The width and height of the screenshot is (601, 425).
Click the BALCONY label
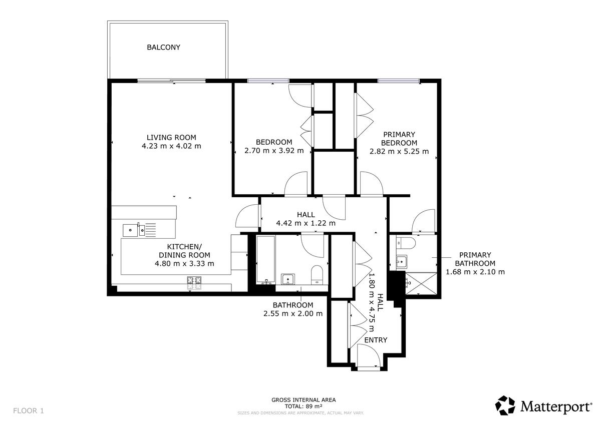pos(163,48)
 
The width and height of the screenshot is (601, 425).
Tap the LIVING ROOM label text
pos(171,138)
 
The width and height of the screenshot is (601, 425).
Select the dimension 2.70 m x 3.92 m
pos(274,151)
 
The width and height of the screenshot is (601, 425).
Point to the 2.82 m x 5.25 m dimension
pos(399,152)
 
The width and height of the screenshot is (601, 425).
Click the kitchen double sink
pos(134,230)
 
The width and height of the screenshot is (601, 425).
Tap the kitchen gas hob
pos(194,283)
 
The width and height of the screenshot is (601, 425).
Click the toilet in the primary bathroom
pos(405,243)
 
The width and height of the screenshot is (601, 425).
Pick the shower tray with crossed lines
pos(421,283)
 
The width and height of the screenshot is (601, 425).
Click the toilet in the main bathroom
pos(317,275)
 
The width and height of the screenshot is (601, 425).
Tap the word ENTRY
pos(376,340)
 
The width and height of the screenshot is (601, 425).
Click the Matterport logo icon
pos(505,405)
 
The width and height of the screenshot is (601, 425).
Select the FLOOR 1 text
pos(29,411)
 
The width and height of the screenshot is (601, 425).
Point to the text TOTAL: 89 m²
pos(304,406)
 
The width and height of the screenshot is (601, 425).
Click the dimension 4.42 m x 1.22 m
pos(306,223)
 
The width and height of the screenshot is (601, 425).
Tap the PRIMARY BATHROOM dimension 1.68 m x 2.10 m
pos(475,272)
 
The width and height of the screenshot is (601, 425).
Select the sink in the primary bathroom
pos(401,261)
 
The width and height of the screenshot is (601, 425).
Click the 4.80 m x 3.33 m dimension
pos(184,264)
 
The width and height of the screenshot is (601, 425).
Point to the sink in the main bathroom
pos(288,279)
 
